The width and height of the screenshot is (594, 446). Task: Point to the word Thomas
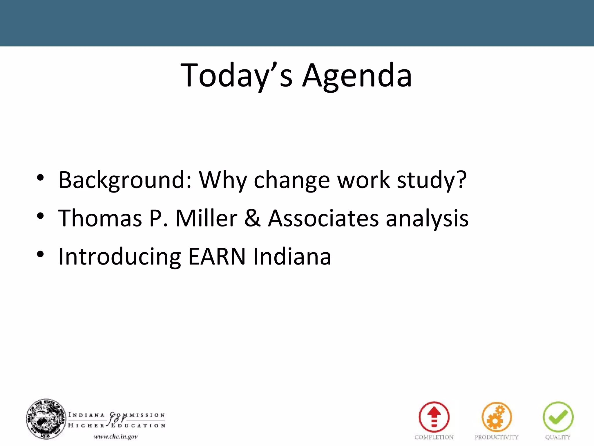pos(100,218)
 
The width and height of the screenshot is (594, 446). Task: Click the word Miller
pos(206,218)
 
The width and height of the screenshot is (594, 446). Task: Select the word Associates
pos(323,218)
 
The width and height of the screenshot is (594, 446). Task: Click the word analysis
pos(427,218)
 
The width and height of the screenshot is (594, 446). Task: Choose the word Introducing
pos(120,256)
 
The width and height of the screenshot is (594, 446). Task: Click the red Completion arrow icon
pos(434,417)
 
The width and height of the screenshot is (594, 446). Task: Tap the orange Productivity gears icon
pos(497,417)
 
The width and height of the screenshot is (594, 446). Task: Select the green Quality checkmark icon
pos(558,417)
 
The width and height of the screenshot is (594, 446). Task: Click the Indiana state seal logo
pos(46,419)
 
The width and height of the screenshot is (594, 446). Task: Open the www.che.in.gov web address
pos(115,437)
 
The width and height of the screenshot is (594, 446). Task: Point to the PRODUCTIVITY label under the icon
pos(497,437)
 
